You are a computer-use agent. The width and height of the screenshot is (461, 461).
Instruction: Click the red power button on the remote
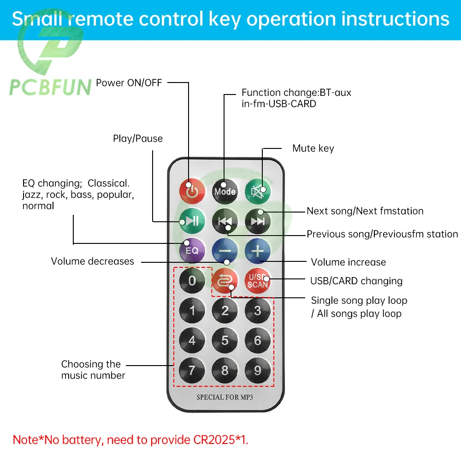[192, 191]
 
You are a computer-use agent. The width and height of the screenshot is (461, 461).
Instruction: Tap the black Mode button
[225, 191]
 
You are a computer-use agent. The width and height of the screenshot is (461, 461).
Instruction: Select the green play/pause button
[192, 221]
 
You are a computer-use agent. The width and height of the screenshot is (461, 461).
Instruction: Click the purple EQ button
[192, 250]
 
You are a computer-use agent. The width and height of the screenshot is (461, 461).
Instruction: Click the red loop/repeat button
[225, 281]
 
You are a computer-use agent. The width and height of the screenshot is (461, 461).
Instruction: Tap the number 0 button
[192, 281]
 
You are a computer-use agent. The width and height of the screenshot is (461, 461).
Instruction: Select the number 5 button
[225, 341]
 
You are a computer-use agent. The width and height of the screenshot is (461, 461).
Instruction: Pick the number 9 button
[258, 370]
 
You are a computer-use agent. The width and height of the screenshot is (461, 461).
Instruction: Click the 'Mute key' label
[313, 148]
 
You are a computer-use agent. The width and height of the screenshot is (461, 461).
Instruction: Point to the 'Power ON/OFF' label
[129, 83]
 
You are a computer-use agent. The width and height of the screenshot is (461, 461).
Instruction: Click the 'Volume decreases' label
[92, 261]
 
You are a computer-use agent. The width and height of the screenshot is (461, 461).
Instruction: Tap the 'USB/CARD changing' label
[356, 281]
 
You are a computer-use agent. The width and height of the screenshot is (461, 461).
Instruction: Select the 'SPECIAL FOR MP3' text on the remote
[225, 397]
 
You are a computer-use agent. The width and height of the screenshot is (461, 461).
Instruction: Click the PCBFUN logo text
[51, 87]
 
